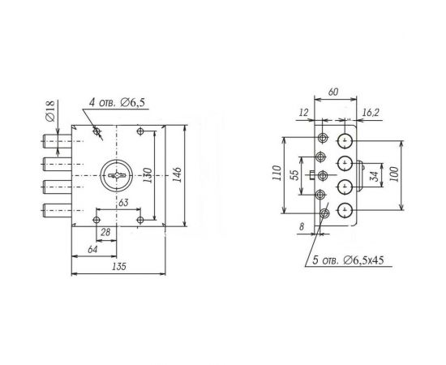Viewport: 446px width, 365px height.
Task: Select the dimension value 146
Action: click(x=178, y=174)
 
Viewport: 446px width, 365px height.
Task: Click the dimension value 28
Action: click(x=105, y=233)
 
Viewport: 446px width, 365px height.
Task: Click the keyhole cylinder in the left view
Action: click(x=118, y=174)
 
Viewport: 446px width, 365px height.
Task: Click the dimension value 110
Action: click(x=277, y=174)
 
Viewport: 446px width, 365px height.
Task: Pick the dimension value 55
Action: click(x=294, y=174)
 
